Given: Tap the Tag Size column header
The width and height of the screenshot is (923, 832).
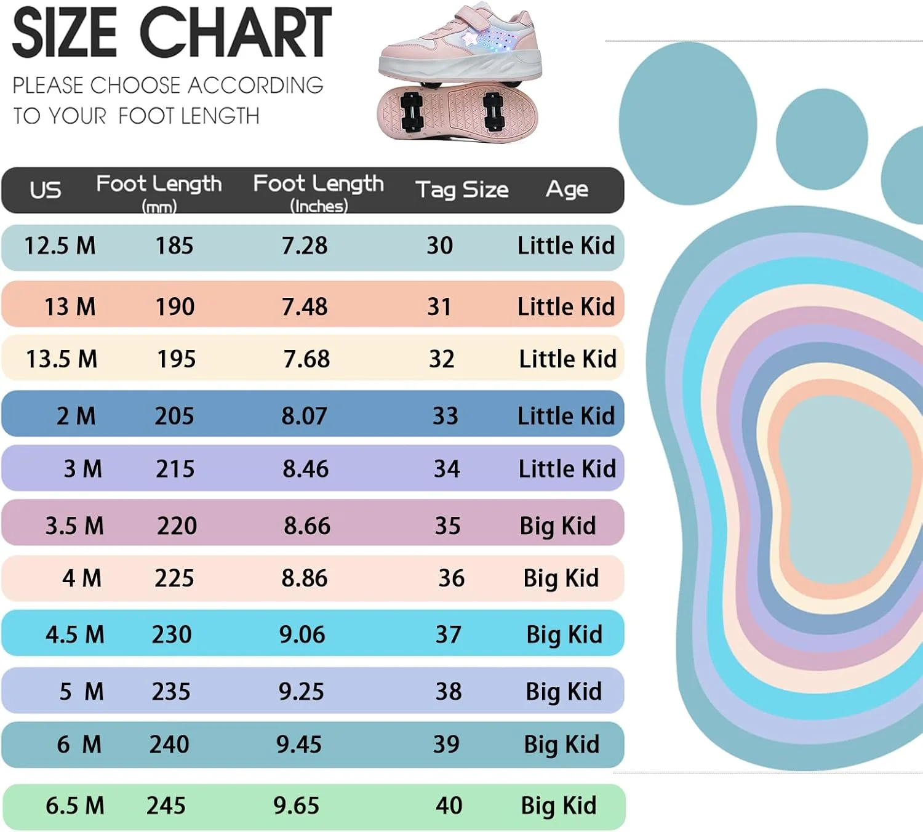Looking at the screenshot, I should coord(461,190).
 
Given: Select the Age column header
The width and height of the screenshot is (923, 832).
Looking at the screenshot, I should coord(567,189).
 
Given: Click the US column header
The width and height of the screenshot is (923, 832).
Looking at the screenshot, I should coord(46,190).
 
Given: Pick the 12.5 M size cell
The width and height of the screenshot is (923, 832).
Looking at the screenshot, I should coord(60,246).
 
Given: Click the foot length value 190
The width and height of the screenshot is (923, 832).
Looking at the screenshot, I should coord(175,306).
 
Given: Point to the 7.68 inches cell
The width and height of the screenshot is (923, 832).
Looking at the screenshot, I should coord(306,359).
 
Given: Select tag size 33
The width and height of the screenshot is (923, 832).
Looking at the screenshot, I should coord(445,416).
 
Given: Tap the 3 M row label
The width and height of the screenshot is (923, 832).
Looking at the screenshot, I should coord(82,469).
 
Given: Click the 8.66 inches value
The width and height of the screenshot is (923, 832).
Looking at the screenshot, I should coord(307,526).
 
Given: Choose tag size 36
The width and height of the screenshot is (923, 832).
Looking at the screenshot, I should coord(451,578).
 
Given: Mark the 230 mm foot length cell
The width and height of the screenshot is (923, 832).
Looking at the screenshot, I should coord(172,634).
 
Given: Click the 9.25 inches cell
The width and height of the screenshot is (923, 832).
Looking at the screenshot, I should coord(301,692).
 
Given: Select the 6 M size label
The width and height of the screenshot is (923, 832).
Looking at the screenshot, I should coord(79,745).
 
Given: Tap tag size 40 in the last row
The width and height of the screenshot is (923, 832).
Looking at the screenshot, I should coord(449,806).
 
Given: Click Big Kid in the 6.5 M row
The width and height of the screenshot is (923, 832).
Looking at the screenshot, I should coord(559,806).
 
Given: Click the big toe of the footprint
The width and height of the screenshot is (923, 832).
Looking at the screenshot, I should coord(687,123).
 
